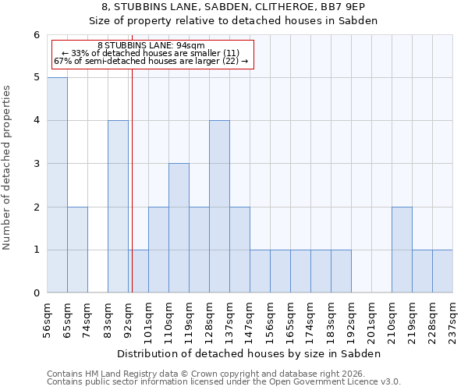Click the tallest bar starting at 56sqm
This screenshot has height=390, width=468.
tap(57, 185)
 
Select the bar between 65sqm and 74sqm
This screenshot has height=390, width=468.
tap(77, 250)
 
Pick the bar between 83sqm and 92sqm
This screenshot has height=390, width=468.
tap(118, 207)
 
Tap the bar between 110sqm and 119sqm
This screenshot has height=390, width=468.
tap(179, 228)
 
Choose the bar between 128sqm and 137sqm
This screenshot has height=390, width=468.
tap(219, 207)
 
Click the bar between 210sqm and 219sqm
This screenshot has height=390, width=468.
tap(402, 250)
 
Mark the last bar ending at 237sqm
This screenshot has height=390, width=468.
tap(442, 271)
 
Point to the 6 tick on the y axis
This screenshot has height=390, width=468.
tap(36, 35)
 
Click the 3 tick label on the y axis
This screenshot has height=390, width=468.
tap(36, 164)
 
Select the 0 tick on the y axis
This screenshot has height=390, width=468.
tap(36, 293)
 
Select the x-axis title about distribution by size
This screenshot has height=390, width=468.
tap(250, 353)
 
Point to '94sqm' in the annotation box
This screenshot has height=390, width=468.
tap(190, 45)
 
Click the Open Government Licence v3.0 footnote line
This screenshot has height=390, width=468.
tap(224, 382)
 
